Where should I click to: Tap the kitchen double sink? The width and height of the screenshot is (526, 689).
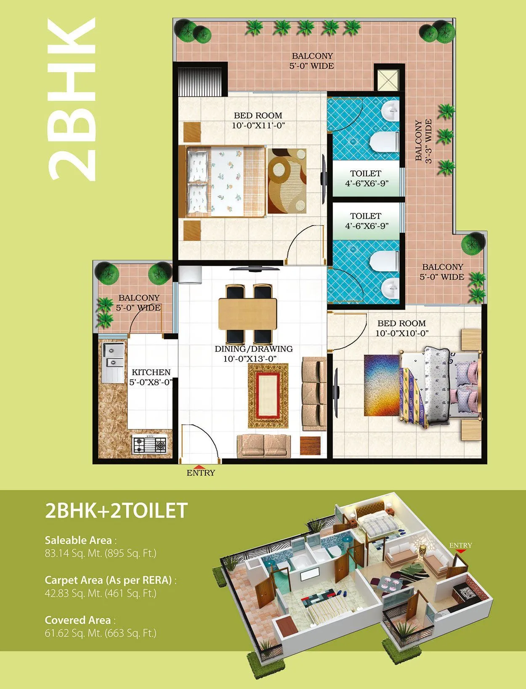point(113,355)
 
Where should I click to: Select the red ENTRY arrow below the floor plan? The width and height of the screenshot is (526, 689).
point(201,466)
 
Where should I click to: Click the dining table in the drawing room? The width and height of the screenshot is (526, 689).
point(248,313)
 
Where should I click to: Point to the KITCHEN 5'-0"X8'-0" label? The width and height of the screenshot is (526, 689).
point(151,377)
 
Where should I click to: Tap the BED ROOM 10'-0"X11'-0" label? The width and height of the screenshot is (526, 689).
point(258,120)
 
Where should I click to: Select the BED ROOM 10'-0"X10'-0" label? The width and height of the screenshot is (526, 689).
point(401,328)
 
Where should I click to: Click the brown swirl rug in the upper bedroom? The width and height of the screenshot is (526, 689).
point(287,181)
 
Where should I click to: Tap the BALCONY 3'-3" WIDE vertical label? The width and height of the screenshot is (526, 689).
point(423,141)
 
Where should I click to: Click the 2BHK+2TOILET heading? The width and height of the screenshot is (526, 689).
point(116,511)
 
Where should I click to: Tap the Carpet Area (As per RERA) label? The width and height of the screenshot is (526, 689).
point(109,580)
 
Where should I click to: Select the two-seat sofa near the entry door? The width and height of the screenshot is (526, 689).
point(263,446)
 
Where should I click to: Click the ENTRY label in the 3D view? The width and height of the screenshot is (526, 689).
point(460,546)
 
